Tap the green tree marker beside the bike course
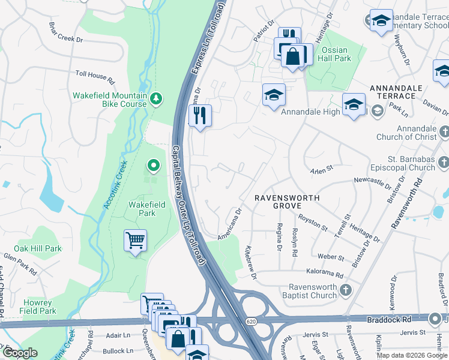click(157, 98)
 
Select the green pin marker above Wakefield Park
click(154, 164)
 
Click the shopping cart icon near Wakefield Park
click(136, 241)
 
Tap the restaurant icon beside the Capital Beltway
click(200, 115)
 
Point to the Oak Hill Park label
click(38, 248)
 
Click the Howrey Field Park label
click(38, 307)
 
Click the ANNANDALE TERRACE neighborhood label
click(400, 92)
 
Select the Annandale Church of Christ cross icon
click(444, 131)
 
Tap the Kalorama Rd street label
click(328, 275)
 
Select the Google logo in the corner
click(19, 353)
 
